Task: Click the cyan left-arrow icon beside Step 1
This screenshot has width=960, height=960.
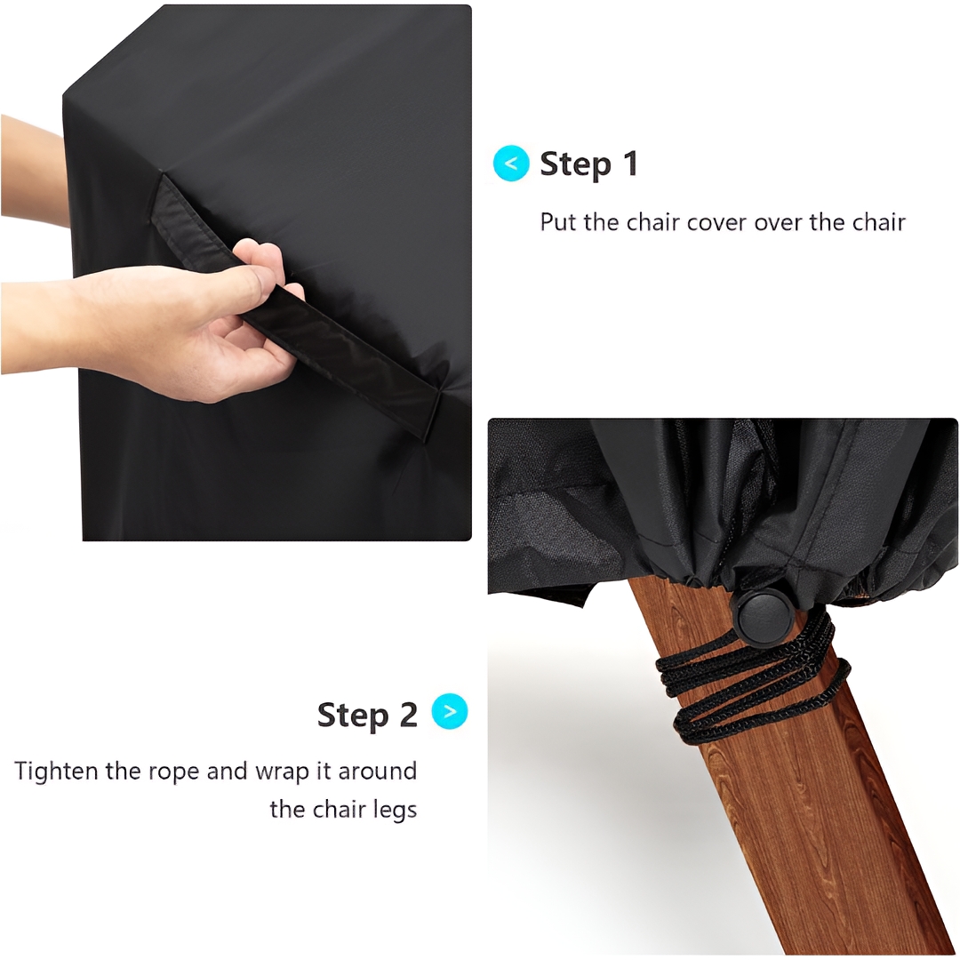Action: point(510,164)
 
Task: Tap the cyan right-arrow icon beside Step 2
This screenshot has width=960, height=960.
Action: point(450,711)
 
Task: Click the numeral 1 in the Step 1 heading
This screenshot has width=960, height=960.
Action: point(630,164)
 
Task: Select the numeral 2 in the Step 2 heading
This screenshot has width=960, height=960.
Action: point(408,715)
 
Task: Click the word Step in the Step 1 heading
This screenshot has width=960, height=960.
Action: point(575,164)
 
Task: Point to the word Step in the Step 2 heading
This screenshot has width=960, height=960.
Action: point(353,716)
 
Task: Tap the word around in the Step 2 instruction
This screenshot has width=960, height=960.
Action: point(377,771)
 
